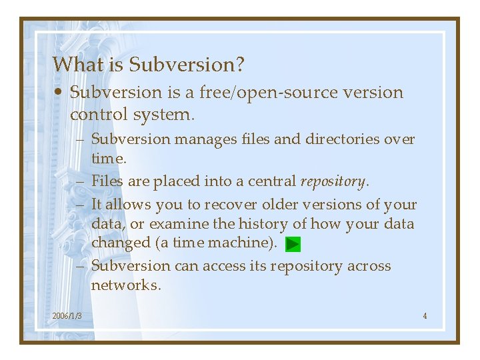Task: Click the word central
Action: pyautogui.click(x=273, y=181)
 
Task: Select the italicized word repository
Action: pyautogui.click(x=334, y=181)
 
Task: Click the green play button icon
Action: pyautogui.click(x=293, y=245)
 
